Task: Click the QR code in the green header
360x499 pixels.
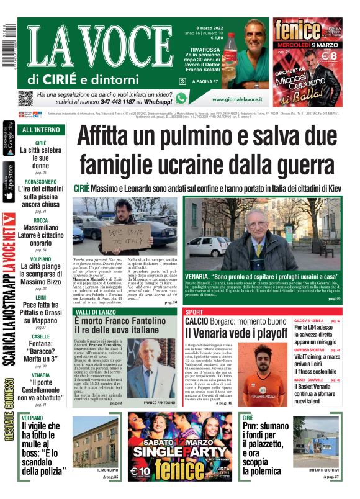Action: coord(25,98)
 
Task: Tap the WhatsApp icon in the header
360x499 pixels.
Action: coord(181,98)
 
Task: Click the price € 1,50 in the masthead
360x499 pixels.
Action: coord(217,38)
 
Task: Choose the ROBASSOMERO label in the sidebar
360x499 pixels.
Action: coord(41,182)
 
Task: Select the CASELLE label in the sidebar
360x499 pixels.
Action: coord(41,336)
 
